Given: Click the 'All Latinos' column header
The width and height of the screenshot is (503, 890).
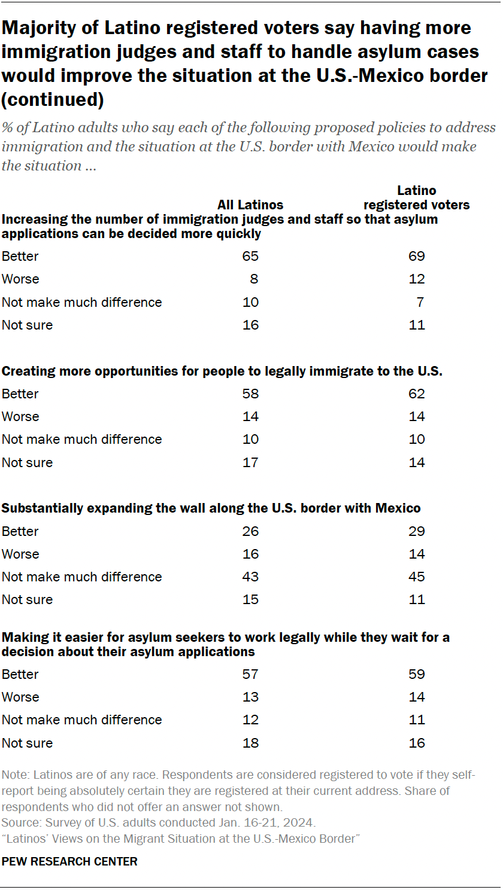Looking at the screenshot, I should pos(250,205).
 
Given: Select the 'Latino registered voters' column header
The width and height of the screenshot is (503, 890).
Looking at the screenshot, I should pos(416,198).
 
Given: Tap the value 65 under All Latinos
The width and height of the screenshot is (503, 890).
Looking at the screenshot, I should pos(250,257).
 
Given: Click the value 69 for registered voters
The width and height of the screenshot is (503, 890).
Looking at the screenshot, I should pos(416,257).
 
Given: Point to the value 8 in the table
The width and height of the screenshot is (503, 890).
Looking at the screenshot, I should pos(254,279).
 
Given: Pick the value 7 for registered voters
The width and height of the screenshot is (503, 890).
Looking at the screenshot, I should pos(420,303).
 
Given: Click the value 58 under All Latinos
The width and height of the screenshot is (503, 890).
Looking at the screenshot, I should pos(250,394).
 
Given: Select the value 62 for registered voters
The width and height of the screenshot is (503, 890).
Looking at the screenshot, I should pos(416,394).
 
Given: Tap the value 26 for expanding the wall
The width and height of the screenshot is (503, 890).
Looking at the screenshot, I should pos(250,532).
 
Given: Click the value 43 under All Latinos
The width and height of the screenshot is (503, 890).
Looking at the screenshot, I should pos(250,577).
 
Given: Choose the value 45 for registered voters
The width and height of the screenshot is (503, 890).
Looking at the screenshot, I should pos(416,577).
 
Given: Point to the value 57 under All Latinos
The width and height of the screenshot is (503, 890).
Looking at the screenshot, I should pos(250,675).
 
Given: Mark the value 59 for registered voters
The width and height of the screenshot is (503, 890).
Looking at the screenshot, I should pos(416,675).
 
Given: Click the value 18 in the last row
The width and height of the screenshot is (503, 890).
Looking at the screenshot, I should pos(250,743).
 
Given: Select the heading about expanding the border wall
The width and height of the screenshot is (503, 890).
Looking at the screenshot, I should pos(211,508).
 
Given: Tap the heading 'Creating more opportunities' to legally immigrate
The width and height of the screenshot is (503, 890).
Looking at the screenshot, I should pos(222,371).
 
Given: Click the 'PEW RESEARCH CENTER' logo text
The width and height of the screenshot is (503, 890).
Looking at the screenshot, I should pos(69,862).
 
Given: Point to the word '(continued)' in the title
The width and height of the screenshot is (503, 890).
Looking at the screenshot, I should pos(53,100).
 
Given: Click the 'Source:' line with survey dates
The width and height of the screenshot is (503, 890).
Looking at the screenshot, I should pos(159,822).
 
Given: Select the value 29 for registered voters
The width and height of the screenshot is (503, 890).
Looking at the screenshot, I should pos(416,532).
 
